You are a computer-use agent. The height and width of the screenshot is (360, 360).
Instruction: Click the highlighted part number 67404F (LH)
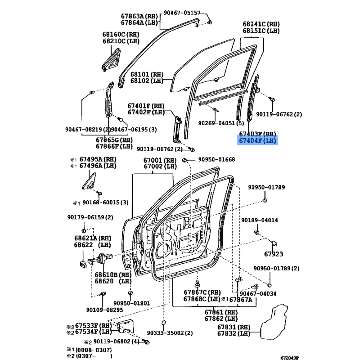click(257, 140)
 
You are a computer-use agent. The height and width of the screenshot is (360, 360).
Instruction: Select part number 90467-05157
click(182, 13)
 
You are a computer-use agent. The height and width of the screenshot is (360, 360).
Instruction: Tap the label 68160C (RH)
click(121, 35)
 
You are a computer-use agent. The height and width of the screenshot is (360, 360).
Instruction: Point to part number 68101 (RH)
click(147, 74)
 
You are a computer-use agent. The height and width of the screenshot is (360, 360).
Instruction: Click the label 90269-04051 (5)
click(221, 123)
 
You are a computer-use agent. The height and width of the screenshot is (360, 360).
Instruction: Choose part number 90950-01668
click(216, 159)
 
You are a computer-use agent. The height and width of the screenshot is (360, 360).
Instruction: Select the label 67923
click(274, 254)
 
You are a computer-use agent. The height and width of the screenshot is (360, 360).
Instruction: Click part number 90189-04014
click(260, 220)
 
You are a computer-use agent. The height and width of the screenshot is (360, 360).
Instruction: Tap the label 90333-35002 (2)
click(170, 333)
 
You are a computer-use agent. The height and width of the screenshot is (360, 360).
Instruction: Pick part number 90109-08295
click(105, 310)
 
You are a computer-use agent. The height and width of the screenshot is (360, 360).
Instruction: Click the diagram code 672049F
click(290, 358)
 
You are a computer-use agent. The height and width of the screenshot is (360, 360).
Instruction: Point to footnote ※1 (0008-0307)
click(89, 350)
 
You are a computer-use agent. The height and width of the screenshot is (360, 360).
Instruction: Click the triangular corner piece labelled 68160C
click(111, 60)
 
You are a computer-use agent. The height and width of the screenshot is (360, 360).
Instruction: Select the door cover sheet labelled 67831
click(274, 322)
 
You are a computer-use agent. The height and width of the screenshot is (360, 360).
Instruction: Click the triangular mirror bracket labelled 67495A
click(89, 181)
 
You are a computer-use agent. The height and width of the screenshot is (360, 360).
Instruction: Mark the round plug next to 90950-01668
click(184, 160)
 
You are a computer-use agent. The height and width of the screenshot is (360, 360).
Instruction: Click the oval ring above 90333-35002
click(164, 323)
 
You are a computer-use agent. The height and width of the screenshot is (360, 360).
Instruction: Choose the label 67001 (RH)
click(160, 160)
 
